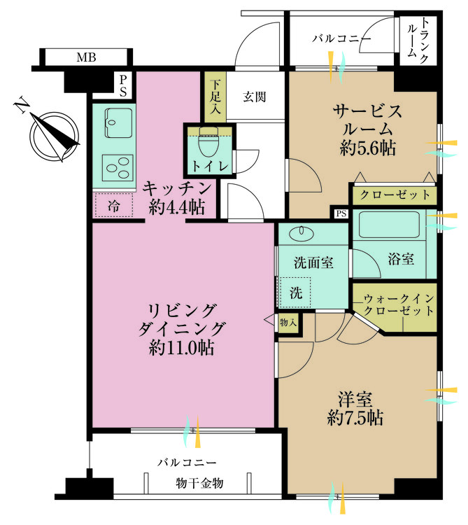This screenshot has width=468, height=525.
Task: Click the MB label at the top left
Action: coord(86,57)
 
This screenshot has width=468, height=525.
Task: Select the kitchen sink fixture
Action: coord(118,122)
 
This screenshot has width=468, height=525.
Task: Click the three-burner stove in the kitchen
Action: coord(118,168)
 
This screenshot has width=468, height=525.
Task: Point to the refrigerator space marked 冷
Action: coord(114,205)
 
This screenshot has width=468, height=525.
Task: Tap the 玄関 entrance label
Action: coord(255,97)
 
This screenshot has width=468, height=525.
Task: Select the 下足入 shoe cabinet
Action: coord(215,97)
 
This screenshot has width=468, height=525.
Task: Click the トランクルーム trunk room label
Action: coord(418,41)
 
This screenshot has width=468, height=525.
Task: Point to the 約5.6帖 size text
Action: coord(368,148)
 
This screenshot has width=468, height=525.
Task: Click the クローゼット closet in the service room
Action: coord(395,195)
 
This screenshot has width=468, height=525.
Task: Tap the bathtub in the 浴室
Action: coord(390,225)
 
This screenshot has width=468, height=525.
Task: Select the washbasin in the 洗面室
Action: coord(302,232)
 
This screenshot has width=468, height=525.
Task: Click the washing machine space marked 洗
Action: coord(295,293)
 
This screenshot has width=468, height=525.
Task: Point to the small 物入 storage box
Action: coord(288,323)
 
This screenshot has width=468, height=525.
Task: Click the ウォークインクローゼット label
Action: coord(399,304)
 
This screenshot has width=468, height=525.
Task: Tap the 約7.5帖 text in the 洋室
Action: coord(355,417)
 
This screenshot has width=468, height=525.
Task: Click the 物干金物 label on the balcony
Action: coord(199,484)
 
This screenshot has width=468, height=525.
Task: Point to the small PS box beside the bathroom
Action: coord(341,213)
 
